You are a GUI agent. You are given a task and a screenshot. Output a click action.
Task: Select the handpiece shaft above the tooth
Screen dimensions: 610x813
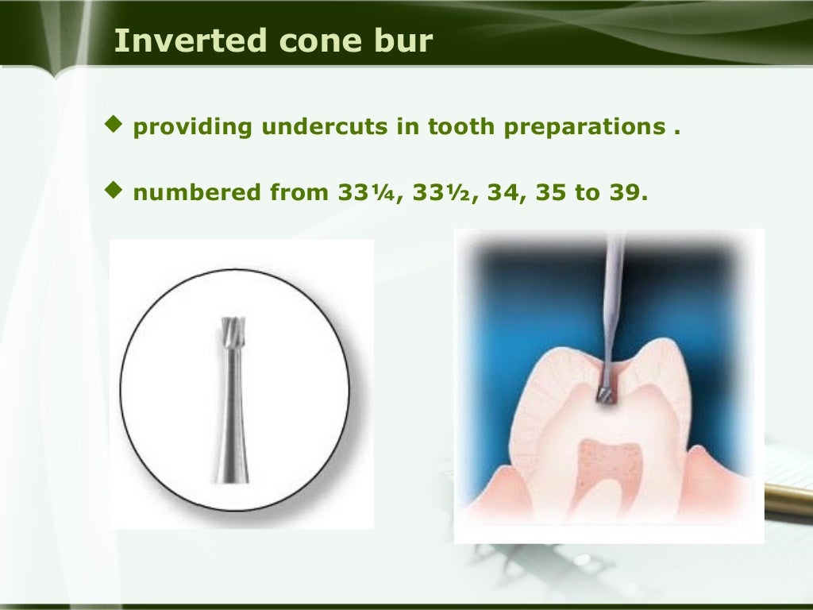(x=613, y=294)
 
